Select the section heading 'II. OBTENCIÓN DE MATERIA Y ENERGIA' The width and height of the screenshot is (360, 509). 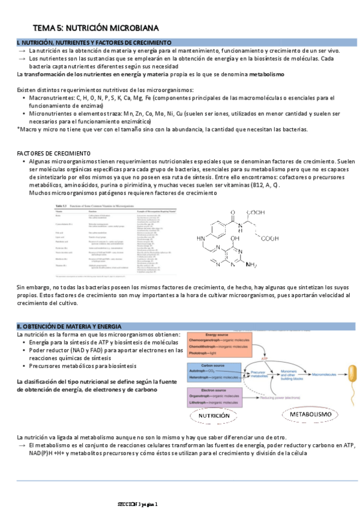pos(69,326)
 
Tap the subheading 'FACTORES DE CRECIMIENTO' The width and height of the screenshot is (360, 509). pos(53,153)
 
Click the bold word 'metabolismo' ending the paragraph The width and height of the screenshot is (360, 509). pos(263,74)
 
